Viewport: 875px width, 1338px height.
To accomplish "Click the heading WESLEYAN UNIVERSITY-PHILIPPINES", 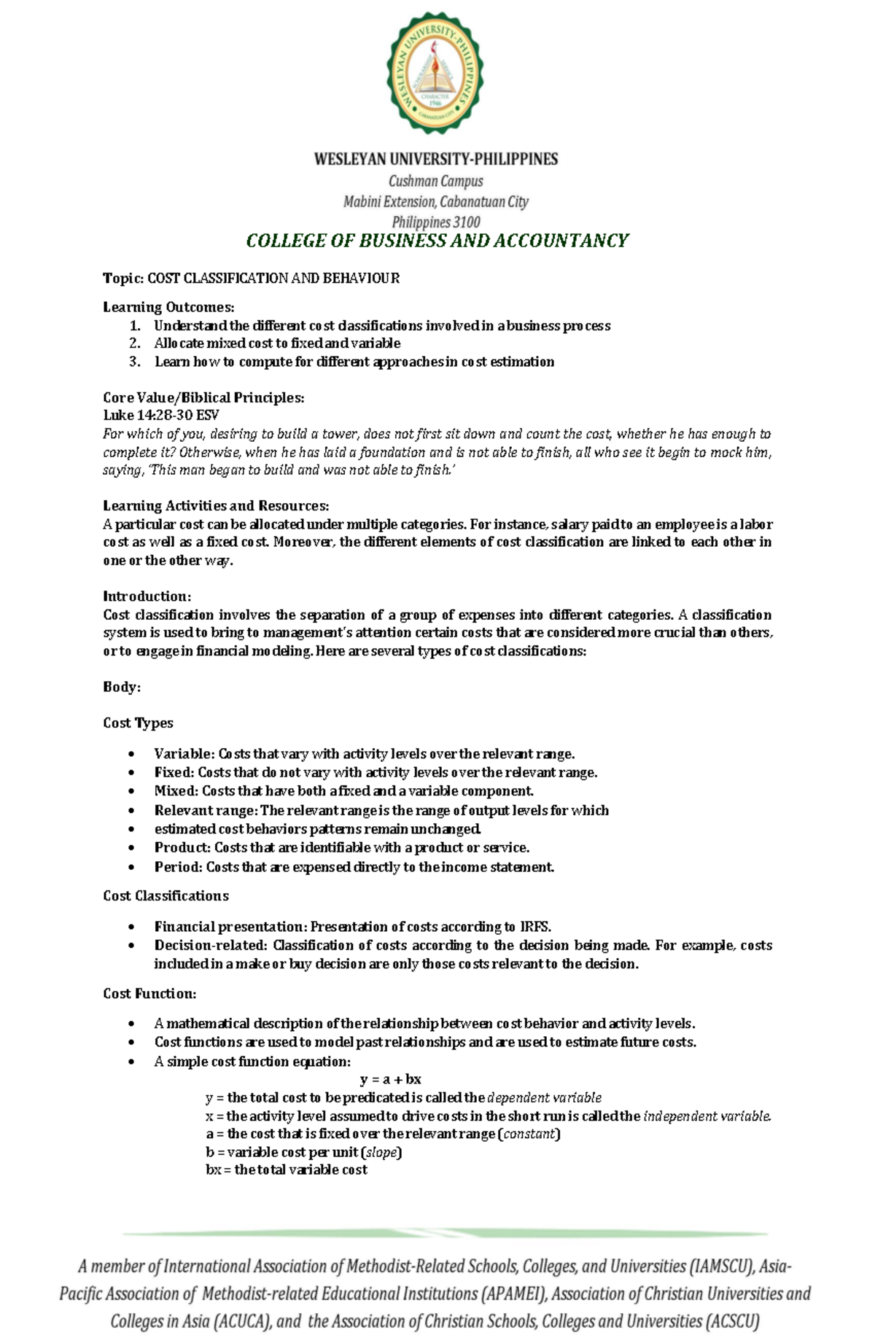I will (x=436, y=159).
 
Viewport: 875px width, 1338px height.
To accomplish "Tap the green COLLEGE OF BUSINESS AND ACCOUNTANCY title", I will (x=437, y=241).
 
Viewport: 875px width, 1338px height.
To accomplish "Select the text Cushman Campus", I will (x=435, y=181).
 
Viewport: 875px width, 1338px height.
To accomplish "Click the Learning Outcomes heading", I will (x=168, y=307).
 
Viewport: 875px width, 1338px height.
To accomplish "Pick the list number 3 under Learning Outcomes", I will (x=134, y=362).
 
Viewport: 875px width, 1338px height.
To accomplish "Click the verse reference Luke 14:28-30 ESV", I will (x=161, y=416).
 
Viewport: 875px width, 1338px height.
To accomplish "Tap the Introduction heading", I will (x=147, y=596).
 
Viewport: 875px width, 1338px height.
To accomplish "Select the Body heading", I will (x=121, y=687).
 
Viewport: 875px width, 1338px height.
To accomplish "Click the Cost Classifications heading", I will (x=166, y=896).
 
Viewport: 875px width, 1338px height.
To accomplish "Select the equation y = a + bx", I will (x=391, y=1079).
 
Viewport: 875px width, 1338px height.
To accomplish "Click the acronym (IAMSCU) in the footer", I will (x=720, y=1267).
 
